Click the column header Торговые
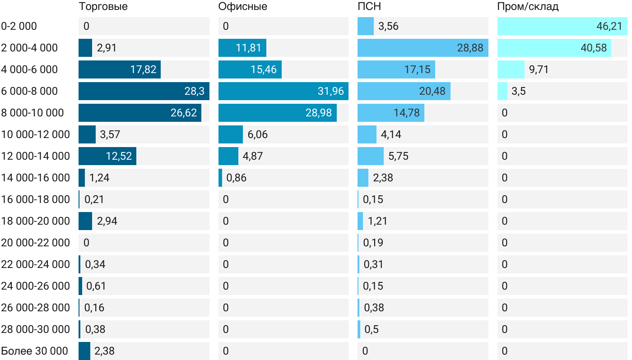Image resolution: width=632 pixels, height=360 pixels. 103,7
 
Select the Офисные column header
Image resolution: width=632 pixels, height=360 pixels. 242,7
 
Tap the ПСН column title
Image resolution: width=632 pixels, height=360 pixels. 369,7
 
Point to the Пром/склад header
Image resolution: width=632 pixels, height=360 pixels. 528,7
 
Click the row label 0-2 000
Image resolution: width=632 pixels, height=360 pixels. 19,26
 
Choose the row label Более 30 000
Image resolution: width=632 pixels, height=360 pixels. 34,351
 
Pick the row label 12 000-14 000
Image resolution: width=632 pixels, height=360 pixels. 35,156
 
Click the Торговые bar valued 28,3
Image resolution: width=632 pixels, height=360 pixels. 144,91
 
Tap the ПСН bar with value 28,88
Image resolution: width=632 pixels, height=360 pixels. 423,48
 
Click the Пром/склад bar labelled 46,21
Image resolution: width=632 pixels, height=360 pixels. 562,26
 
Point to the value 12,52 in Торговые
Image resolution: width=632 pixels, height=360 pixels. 119,156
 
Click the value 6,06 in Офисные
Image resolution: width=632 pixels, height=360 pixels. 258,134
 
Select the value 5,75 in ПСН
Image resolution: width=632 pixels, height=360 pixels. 399,156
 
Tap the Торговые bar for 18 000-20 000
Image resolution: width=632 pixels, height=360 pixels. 85,221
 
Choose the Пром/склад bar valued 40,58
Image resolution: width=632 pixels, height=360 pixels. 554,48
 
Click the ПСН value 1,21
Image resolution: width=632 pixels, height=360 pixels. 377,221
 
